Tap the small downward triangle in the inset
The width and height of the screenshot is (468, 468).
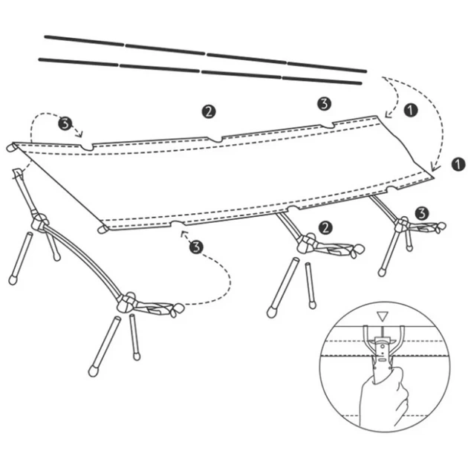click(382, 316)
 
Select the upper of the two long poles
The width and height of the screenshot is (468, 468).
click(205, 54)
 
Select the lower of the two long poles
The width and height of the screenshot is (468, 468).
click(200, 71)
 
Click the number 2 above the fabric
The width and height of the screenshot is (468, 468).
click(209, 111)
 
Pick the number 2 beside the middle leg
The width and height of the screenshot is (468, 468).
click(325, 228)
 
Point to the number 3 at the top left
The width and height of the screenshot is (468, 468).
click(65, 123)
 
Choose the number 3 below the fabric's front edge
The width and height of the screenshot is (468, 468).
click(196, 247)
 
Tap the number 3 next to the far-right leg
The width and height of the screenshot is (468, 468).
click(422, 213)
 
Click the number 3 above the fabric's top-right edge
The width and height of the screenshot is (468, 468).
click(325, 103)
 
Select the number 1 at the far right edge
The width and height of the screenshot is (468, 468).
click(458, 164)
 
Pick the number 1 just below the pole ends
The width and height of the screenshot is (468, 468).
click(411, 110)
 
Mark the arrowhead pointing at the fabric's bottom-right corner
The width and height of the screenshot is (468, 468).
click(435, 167)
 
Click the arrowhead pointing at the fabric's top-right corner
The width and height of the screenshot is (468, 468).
click(388, 114)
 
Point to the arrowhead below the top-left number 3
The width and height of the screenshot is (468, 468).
click(79, 134)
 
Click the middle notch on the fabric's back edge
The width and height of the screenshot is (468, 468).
click(215, 139)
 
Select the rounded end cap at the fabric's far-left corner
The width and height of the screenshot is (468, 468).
click(11, 147)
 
